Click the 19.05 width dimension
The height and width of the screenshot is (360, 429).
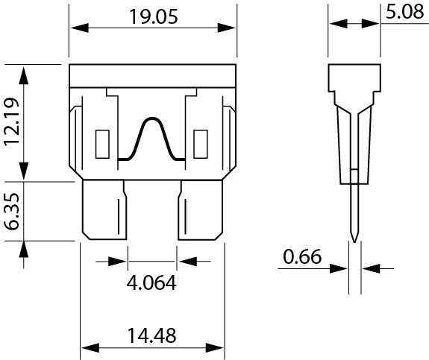[x=154, y=16]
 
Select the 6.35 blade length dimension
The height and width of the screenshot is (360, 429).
[x=12, y=211]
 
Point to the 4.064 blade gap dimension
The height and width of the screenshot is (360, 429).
[x=151, y=282]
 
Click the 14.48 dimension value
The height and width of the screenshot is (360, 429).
[x=152, y=335]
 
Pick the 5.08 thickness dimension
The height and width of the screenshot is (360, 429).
[x=405, y=12]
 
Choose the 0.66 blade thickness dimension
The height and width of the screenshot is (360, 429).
[x=302, y=256]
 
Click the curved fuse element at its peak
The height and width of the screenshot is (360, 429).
[x=152, y=118]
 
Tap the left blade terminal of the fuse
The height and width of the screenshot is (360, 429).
[x=104, y=210]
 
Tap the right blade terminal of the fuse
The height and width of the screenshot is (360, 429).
[x=200, y=210]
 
